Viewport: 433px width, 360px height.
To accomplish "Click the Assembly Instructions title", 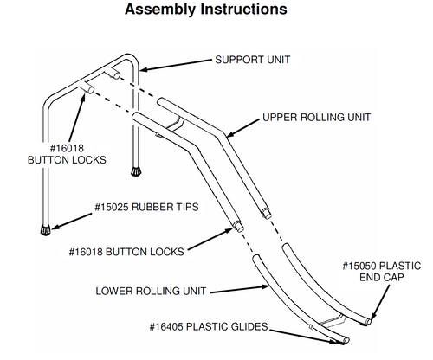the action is tap(206, 10).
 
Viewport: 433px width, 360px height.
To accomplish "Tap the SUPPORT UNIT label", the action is tap(253, 60).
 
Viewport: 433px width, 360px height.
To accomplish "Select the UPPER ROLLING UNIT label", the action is tap(317, 118).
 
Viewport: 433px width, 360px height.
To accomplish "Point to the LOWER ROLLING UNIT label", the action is tap(151, 291).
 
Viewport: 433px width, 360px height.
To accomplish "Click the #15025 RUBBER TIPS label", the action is tap(146, 207).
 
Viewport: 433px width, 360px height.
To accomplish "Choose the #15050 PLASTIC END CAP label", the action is tap(382, 272).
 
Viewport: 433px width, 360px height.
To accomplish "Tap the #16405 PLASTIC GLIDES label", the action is tap(209, 327).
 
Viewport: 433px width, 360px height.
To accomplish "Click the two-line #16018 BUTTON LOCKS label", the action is tap(67, 154).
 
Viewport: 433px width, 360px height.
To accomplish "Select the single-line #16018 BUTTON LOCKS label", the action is tap(126, 252).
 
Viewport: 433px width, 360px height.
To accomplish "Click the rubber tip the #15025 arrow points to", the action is tap(45, 230).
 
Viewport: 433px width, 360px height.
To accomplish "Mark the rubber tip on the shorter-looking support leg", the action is tap(136, 171).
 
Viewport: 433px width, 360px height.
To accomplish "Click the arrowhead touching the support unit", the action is tap(144, 69).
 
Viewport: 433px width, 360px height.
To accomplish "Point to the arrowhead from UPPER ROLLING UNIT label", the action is tap(230, 134).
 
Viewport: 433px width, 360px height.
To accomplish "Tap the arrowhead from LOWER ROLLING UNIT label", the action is tap(265, 286).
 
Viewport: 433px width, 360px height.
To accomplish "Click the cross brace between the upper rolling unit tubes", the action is tap(176, 125).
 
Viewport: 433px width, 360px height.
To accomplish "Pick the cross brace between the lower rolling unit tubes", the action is tap(332, 321).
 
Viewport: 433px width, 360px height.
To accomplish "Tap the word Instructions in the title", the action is tap(244, 10).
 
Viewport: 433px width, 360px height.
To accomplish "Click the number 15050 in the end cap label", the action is tap(359, 266).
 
